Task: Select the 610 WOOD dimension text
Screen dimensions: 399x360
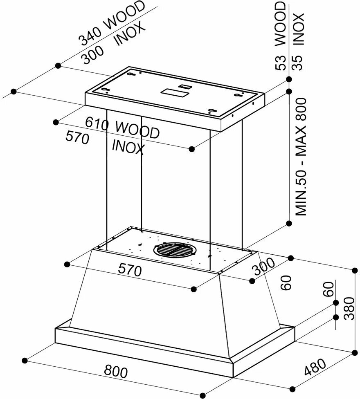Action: pos(122,128)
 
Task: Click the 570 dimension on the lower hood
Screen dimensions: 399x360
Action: pos(130,269)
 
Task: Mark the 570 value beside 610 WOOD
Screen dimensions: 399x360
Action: pos(77,138)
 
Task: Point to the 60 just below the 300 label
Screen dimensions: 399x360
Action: pos(287,282)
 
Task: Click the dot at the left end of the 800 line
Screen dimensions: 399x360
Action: pos(25,360)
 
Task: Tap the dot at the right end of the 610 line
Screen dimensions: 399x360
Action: pos(192,150)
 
